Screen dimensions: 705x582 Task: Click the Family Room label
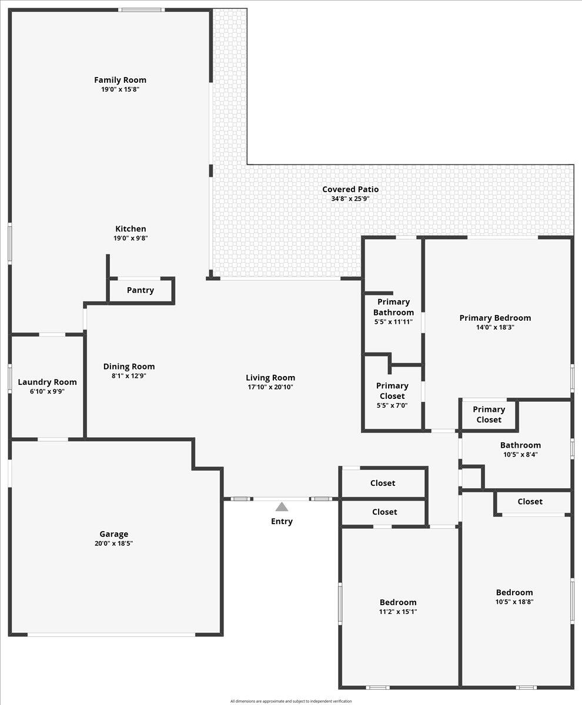(x=120, y=80)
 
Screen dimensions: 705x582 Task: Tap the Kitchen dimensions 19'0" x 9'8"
(x=131, y=239)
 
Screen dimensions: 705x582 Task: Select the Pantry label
(x=141, y=290)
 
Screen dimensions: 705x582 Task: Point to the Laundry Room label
(x=47, y=382)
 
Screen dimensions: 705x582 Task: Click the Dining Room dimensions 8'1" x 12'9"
(x=129, y=376)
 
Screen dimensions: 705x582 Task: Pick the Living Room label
(x=270, y=378)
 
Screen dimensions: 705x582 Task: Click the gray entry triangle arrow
(x=282, y=506)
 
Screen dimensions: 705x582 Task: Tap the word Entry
(x=282, y=521)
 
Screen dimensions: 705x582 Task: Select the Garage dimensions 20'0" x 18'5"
(x=113, y=543)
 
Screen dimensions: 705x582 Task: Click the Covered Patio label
(x=350, y=189)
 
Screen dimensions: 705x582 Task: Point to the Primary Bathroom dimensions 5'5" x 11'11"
(x=393, y=322)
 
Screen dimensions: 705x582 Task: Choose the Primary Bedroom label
(x=495, y=318)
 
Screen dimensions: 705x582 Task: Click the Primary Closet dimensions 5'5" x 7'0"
(x=392, y=405)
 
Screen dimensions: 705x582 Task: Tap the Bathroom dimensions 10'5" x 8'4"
(x=520, y=454)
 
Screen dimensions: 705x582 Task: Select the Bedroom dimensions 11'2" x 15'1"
(x=398, y=612)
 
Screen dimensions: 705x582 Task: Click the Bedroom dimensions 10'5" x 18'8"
(x=514, y=602)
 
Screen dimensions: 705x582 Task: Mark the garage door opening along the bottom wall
(x=112, y=634)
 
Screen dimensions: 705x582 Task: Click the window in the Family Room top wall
(x=141, y=9)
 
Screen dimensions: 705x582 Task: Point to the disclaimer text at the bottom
(x=291, y=701)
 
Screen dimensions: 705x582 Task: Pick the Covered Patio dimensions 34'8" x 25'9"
(x=350, y=199)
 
